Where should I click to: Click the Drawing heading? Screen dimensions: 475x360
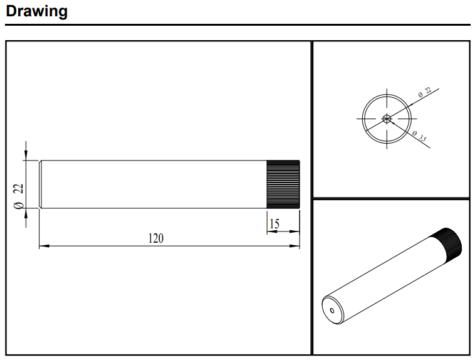(36, 11)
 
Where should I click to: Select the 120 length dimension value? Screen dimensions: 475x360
(155, 238)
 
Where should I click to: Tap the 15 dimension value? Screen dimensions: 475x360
(274, 224)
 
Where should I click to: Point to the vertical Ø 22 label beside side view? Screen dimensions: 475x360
(18, 196)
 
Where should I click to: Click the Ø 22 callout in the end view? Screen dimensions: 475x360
(425, 92)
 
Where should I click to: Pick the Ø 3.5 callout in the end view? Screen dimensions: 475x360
(419, 136)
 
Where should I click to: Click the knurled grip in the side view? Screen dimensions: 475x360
(283, 184)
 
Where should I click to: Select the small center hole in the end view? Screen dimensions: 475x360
(387, 119)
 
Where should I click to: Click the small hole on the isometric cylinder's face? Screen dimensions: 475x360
(332, 310)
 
